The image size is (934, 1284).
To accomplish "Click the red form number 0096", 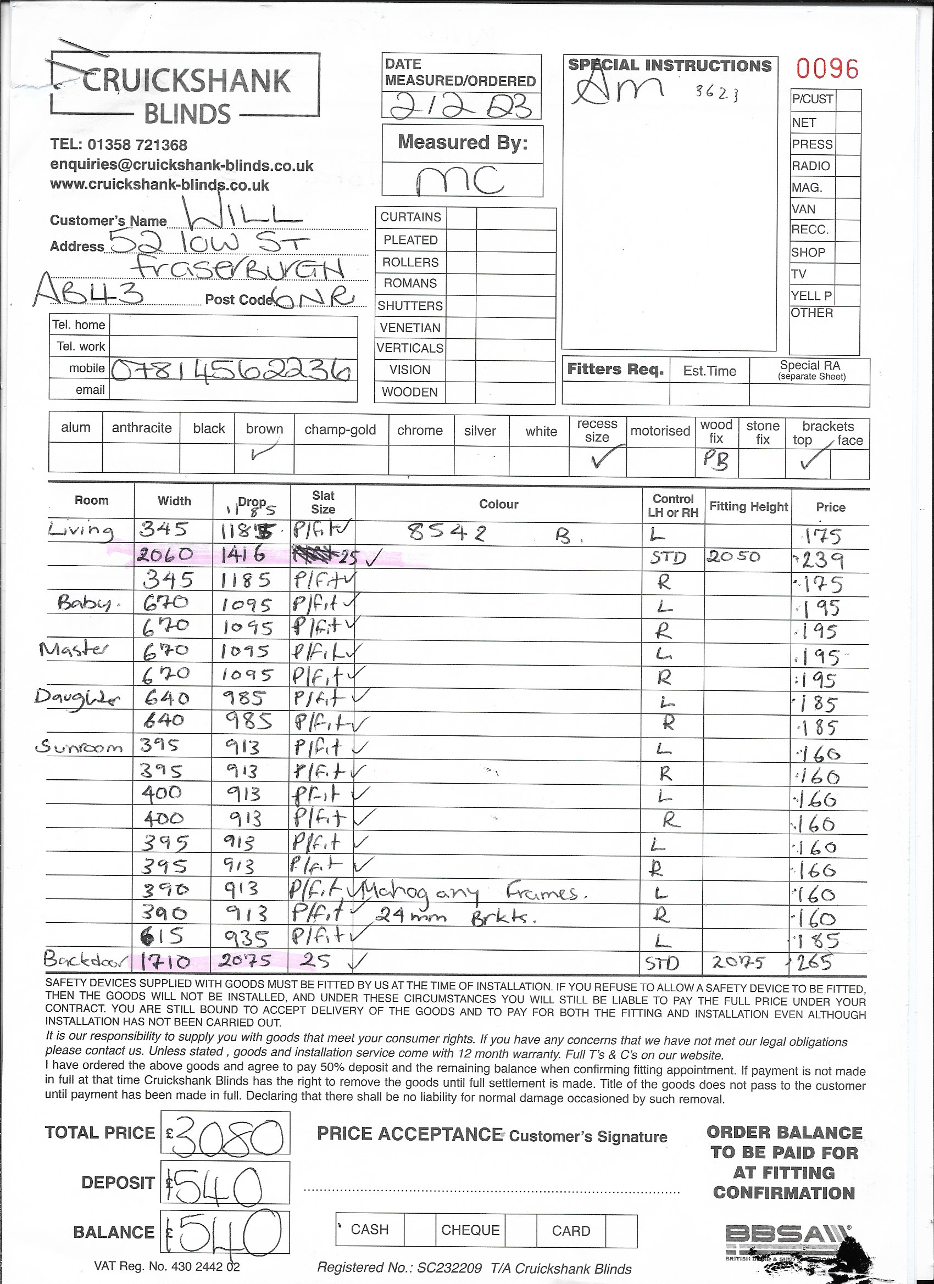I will pyautogui.click(x=827, y=69).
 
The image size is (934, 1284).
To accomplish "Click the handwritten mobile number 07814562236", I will pyautogui.click(x=231, y=371).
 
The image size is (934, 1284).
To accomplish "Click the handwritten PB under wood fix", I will pyautogui.click(x=715, y=460).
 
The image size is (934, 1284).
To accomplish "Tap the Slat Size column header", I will pyautogui.click(x=323, y=502).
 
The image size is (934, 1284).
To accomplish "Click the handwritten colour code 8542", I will pyautogui.click(x=447, y=533).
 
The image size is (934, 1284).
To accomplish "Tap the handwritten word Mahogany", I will pyautogui.click(x=421, y=894).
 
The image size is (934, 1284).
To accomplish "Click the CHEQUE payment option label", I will pyautogui.click(x=470, y=1230).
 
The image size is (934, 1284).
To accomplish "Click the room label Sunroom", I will pyautogui.click(x=79, y=748).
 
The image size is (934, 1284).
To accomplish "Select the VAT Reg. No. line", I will pyautogui.click(x=167, y=1266).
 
